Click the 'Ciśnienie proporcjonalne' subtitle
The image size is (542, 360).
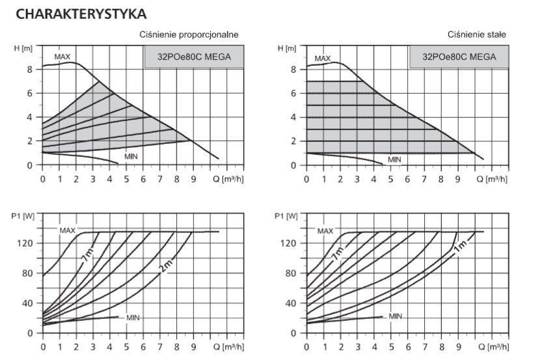(x=189, y=34)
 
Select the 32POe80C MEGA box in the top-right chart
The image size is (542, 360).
(x=459, y=57)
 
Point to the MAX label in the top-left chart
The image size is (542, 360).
(x=62, y=57)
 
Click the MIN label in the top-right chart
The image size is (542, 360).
(x=394, y=159)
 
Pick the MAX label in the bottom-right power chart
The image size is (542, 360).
(x=325, y=230)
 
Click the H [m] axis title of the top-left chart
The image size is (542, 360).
(x=23, y=49)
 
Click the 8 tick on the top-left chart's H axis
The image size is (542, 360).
(x=30, y=69)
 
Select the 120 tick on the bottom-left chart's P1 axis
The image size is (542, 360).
(x=26, y=243)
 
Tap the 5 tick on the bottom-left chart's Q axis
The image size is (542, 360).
(x=126, y=347)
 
